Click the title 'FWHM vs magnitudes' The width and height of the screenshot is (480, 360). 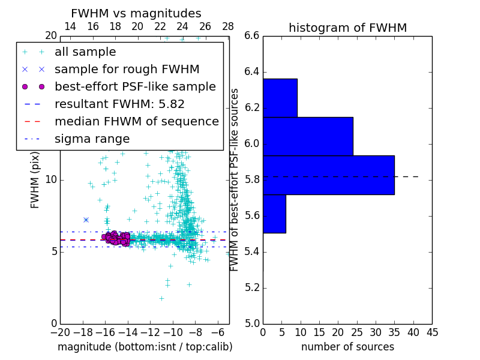(136, 14)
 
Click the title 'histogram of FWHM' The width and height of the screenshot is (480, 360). (347, 28)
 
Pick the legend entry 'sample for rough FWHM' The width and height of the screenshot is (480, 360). (127, 70)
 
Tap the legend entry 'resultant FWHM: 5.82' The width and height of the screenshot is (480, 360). (119, 104)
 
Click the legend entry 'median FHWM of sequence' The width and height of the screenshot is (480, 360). (136, 122)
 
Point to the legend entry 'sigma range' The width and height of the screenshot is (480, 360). (92, 139)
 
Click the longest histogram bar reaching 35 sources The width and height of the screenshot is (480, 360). (328, 175)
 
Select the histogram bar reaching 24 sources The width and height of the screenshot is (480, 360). (308, 136)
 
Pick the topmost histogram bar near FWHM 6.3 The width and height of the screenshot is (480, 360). (280, 98)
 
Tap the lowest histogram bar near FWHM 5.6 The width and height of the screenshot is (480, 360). (274, 214)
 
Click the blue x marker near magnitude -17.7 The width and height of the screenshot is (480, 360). (86, 220)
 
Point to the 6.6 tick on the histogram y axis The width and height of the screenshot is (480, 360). (251, 36)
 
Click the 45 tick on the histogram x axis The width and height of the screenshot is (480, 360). (432, 332)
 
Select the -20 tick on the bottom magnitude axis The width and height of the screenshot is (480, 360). (60, 332)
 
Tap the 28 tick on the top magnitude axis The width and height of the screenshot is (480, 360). (228, 27)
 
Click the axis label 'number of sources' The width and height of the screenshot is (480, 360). (347, 347)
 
